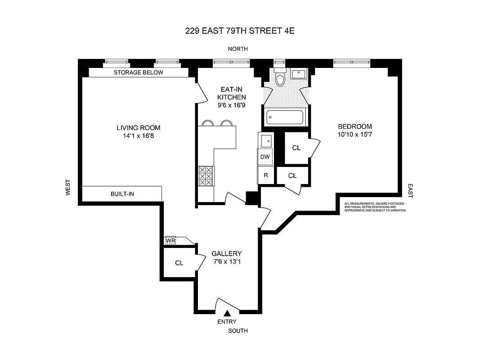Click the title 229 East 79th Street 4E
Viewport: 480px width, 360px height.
[240, 31]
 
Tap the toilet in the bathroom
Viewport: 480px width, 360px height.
[280, 79]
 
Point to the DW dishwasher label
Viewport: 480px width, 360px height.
[265, 157]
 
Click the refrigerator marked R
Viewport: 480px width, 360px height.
[265, 175]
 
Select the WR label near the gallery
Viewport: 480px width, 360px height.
[170, 241]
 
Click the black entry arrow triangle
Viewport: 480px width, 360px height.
[228, 313]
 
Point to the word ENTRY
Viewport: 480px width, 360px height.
[227, 322]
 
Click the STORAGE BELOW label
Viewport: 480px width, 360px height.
[138, 72]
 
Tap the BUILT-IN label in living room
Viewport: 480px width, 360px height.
[122, 194]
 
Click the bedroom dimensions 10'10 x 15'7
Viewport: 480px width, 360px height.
[355, 134]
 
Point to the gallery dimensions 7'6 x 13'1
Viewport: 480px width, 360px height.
[227, 261]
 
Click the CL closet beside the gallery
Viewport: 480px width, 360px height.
[179, 263]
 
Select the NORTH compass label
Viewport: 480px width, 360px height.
[238, 49]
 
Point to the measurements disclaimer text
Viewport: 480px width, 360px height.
[375, 207]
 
